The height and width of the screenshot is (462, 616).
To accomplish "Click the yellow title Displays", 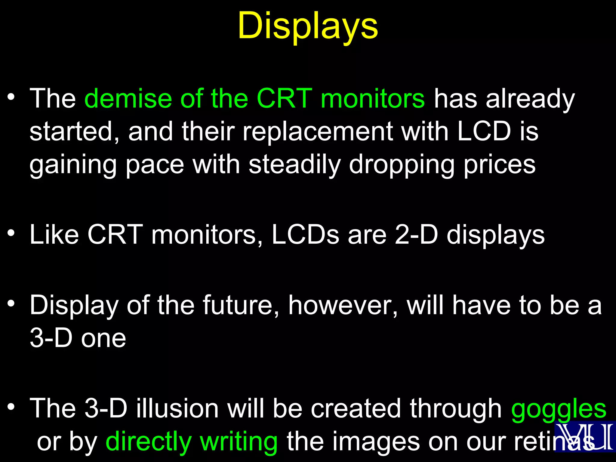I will point(308,26).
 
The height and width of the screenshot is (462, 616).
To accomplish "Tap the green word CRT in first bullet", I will point(284,99).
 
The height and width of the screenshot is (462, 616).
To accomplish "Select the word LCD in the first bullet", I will point(484,131).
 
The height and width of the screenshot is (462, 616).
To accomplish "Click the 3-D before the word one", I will point(51,338).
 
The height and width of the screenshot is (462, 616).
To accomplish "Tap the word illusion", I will point(177,409).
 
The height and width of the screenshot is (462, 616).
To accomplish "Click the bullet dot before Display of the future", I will point(11,303).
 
